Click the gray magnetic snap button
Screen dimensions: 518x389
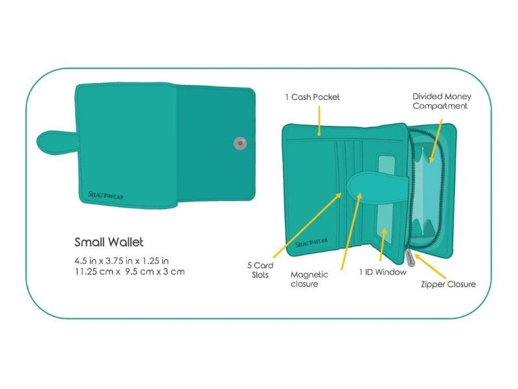(240, 143)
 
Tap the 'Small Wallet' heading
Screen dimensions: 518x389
(109, 242)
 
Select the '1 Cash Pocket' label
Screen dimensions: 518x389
(312, 97)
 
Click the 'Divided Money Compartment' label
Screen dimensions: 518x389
(442, 101)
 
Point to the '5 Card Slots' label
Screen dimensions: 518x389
(260, 270)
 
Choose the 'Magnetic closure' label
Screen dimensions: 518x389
(310, 279)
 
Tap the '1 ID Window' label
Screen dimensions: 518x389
(383, 272)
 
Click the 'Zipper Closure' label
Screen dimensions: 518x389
(448, 284)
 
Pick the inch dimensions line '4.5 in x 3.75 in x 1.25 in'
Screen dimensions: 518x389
(122, 261)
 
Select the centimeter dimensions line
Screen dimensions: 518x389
(129, 272)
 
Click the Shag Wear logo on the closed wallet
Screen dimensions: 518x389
(106, 195)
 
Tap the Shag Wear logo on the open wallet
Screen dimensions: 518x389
(311, 242)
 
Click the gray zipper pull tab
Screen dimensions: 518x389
(410, 258)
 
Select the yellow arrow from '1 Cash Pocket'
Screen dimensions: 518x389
(319, 121)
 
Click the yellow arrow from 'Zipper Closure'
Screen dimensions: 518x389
(430, 266)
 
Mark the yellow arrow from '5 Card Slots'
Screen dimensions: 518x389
(307, 225)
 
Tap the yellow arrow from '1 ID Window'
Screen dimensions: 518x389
(383, 244)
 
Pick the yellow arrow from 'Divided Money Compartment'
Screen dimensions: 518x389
(436, 141)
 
